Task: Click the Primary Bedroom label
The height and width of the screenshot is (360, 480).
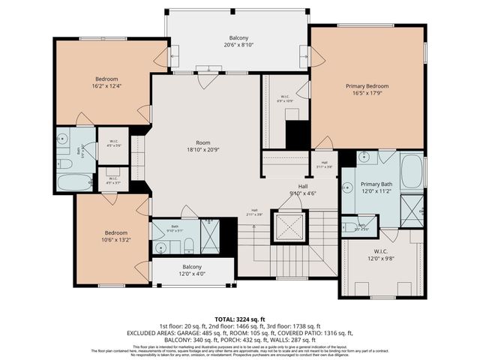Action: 367,86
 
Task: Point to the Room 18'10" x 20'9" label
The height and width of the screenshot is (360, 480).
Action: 203,146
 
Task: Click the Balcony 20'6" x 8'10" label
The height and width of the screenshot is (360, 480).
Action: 238,41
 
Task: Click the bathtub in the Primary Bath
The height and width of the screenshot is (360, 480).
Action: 411,172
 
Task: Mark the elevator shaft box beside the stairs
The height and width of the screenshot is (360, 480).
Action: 289,226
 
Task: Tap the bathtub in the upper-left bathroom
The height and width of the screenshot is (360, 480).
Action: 74,181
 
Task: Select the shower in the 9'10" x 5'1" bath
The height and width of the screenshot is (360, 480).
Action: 210,237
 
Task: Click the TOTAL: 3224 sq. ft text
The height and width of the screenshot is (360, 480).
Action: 239,319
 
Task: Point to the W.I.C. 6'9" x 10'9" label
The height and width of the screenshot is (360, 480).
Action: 285,98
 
